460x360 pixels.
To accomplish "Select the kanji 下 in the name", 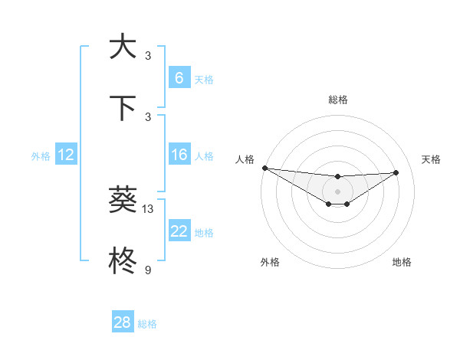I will pos(123,108).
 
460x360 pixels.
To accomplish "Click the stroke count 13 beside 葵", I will pos(148,208).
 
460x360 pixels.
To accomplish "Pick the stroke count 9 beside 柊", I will pos(148,270).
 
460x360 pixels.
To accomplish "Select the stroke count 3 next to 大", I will pos(148,55).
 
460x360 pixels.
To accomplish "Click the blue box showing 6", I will pos(179,77).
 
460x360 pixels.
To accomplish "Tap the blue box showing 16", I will pos(179,155).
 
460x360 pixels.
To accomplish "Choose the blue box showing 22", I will pos(179,231).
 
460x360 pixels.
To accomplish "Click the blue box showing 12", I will pos(66,155).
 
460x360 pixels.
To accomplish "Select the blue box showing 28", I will pos(122,322).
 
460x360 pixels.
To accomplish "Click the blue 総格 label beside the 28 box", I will pos(147,324).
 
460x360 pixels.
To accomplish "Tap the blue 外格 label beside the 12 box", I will pos(41,155).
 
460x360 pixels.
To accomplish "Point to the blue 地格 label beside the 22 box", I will pos(204,233).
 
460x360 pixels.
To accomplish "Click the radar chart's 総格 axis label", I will pos(337,100).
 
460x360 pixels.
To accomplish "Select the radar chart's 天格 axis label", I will pos(431,159).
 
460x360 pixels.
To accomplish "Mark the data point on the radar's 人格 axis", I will pos(264,168).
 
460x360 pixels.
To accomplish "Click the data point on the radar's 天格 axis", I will pos(396,172).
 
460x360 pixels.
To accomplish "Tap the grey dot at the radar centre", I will pos(337,191).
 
